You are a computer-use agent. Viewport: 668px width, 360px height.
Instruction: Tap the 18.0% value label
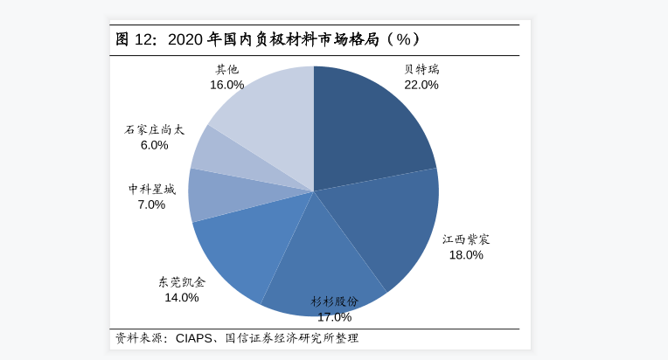pos(466,255)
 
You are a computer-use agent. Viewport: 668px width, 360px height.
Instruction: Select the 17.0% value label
pos(334,316)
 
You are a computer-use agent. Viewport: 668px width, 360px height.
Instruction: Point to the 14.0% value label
pos(182,297)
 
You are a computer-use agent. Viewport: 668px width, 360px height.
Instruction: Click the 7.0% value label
pos(151,204)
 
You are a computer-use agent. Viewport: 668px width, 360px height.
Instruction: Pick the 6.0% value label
pos(154,145)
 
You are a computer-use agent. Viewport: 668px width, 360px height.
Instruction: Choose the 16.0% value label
pos(226,85)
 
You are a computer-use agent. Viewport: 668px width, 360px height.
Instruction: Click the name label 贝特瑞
pos(421,69)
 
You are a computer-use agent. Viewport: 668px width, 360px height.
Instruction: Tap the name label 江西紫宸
pos(466,239)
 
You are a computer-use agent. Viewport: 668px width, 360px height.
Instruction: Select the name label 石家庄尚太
pos(155,129)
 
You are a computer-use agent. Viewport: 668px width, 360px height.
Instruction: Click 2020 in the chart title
pos(184,39)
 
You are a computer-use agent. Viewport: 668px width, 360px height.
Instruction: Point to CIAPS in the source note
pos(194,338)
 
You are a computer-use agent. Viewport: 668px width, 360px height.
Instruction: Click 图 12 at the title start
pos(134,39)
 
